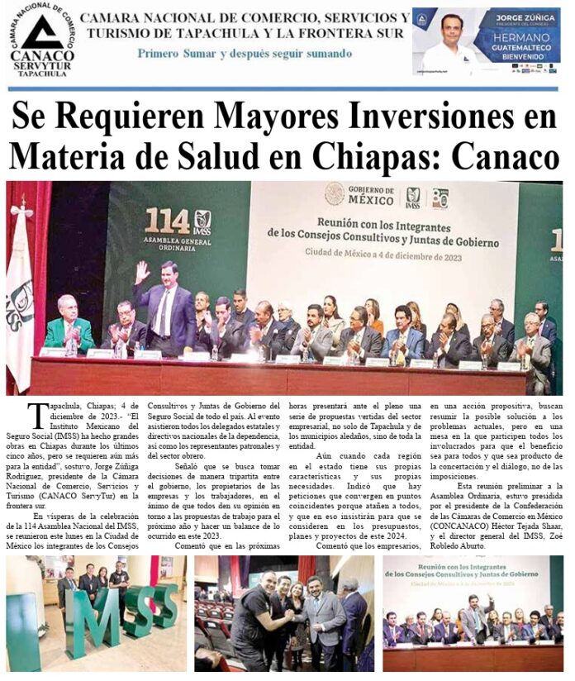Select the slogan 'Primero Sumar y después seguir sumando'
[245, 54]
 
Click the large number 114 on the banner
[166, 221]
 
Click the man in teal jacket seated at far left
[69, 326]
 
